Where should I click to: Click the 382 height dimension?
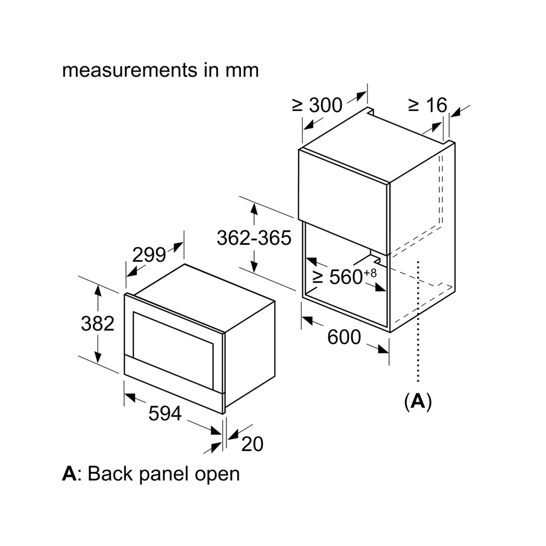(98, 324)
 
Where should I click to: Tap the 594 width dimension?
(165, 413)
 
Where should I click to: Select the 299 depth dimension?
(149, 255)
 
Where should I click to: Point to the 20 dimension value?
(252, 444)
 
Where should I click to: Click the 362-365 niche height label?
(254, 238)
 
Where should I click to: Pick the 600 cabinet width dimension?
(344, 337)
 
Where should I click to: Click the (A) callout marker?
(418, 402)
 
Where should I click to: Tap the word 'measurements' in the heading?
(130, 70)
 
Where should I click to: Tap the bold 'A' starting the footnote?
(69, 473)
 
